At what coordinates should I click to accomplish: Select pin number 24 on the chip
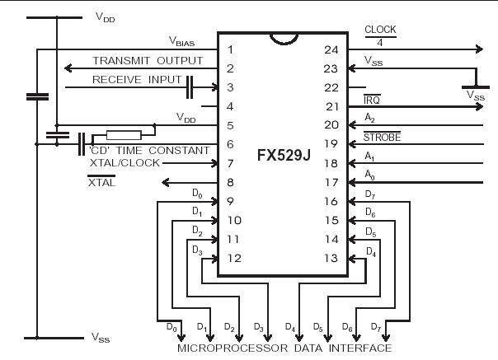332,49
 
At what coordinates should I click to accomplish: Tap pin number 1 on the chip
231,49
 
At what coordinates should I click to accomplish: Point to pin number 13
332,259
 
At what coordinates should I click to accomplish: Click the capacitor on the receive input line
190,86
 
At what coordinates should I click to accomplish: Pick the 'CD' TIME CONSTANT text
157,150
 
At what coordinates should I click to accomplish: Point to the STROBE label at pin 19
382,138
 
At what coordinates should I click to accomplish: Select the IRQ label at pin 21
373,99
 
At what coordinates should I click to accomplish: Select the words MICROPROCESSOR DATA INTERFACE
284,348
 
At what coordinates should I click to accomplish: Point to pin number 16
332,202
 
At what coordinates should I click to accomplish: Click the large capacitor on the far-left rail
37,96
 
